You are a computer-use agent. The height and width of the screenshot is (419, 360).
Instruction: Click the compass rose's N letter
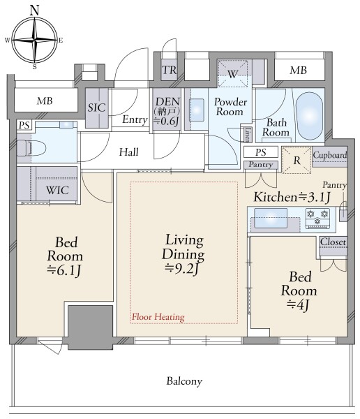tap(34, 10)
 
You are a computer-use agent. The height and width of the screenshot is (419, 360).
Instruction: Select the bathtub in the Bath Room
tap(310, 116)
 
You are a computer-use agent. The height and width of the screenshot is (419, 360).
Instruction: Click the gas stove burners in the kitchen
tap(317, 218)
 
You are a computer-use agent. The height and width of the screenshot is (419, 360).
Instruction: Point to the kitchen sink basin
tap(271, 218)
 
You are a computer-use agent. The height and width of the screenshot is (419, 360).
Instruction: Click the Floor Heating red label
tap(158, 317)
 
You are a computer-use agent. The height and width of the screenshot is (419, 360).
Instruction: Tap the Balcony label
tap(184, 381)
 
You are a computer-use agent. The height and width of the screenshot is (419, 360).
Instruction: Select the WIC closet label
tap(57, 190)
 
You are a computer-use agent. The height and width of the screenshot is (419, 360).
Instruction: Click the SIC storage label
tap(96, 108)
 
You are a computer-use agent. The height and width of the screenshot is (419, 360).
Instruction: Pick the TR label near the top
tap(170, 70)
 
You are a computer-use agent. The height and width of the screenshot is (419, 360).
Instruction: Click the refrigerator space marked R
tap(297, 161)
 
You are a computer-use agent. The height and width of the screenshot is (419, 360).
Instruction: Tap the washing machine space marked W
tap(232, 73)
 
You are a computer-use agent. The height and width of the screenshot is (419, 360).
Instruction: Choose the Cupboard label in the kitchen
tap(330, 155)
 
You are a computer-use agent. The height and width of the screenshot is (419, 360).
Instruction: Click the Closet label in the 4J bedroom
tap(333, 242)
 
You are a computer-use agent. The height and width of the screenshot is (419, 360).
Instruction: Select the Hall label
tap(129, 152)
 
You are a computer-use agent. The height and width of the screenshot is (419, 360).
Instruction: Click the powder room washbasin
tap(197, 110)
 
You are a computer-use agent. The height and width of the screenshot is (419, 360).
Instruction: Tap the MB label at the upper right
tap(299, 71)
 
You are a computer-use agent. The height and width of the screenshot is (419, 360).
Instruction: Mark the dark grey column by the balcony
tap(90, 328)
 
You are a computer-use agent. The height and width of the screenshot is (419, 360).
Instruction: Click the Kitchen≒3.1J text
tap(292, 197)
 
